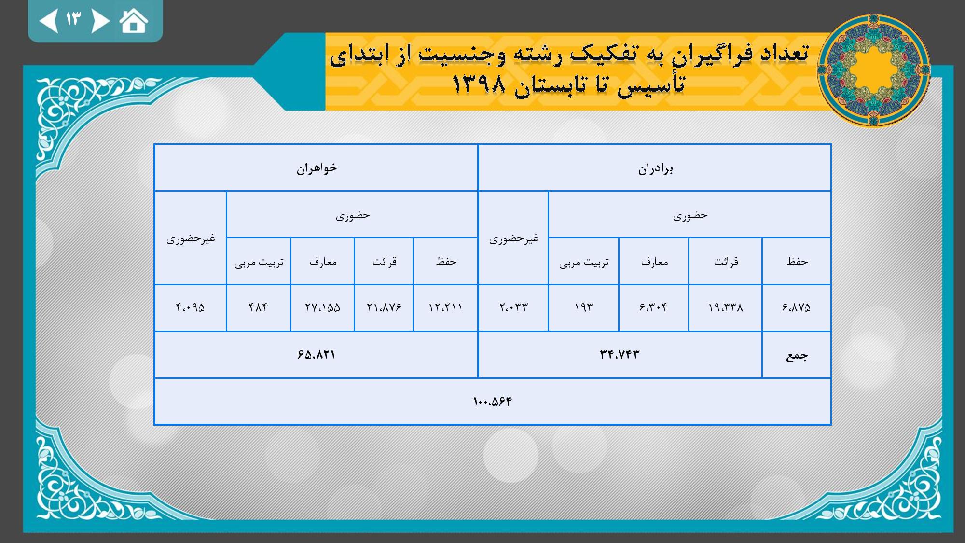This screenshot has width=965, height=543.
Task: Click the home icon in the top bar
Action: pos(134,21)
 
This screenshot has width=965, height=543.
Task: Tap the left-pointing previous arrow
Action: pos(49,21)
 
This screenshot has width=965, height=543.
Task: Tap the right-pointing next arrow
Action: pos(100,21)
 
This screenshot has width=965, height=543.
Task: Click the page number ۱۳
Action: pos(74,19)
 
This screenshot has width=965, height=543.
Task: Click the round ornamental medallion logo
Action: pos(874,71)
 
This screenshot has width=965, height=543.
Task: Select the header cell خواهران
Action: pos(317,168)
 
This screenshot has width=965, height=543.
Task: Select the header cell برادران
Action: pos(655,168)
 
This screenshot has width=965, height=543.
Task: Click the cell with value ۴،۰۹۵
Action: pos(191,307)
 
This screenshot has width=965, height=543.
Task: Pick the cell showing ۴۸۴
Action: pos(259,307)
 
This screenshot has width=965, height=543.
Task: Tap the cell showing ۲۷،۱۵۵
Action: pos(322,307)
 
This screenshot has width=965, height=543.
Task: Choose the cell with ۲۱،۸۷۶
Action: pos(384,307)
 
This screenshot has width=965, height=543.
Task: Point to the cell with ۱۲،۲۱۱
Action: pos(445,307)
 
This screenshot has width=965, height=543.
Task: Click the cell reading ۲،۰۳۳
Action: pos(513,307)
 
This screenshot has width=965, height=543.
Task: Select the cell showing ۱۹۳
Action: pos(583,307)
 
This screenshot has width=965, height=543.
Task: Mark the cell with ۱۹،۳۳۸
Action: pos(726,307)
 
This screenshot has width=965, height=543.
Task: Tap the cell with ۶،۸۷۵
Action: pos(796,307)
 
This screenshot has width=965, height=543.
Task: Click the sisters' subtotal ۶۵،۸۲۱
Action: pos(317,355)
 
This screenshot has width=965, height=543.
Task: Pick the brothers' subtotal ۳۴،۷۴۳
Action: pos(620,355)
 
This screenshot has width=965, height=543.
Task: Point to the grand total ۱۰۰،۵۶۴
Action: pos(493,402)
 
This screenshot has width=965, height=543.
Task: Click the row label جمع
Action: pos(796,355)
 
